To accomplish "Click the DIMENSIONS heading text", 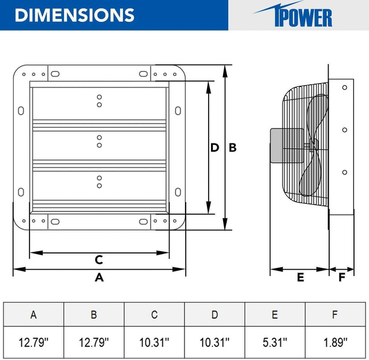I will click(74, 15).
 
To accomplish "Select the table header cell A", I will click(33, 314).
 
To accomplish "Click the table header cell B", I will click(93, 314).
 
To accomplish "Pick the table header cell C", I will click(154, 314).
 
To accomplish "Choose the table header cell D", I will click(214, 314).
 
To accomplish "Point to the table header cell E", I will click(275, 314).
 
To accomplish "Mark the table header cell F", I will click(336, 314).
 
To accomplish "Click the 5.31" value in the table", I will click(275, 343).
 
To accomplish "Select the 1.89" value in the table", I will click(336, 343).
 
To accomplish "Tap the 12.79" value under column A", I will click(33, 343).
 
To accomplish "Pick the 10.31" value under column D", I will click(214, 343).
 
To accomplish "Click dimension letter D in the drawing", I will click(214, 147).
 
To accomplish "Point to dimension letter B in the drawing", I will click(232, 147).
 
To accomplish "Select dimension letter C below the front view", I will click(99, 260).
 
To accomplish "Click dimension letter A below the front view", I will click(99, 277).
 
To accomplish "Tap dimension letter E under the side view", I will click(300, 277).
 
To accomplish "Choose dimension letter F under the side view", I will click(342, 277).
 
